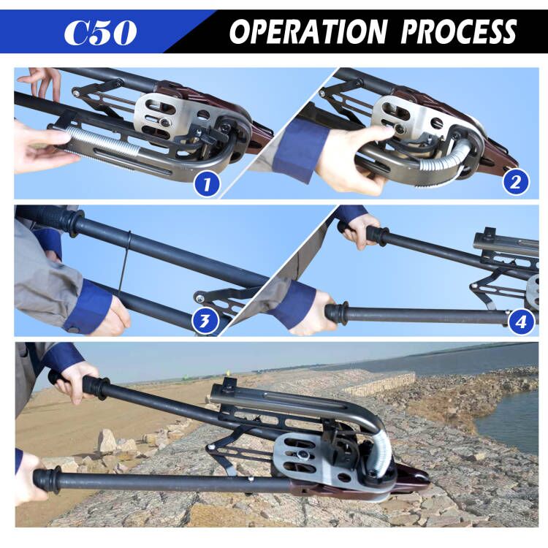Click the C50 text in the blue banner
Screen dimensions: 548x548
point(100,32)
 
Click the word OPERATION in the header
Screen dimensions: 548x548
point(308,31)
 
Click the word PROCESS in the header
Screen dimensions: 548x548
point(459,31)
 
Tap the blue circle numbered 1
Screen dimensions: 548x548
point(207,184)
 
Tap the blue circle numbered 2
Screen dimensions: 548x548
point(515,182)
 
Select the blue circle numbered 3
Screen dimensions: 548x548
point(205,320)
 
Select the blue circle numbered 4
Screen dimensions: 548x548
point(521,321)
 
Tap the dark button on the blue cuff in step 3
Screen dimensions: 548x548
point(73,330)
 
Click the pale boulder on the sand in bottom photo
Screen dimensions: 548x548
point(108,441)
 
